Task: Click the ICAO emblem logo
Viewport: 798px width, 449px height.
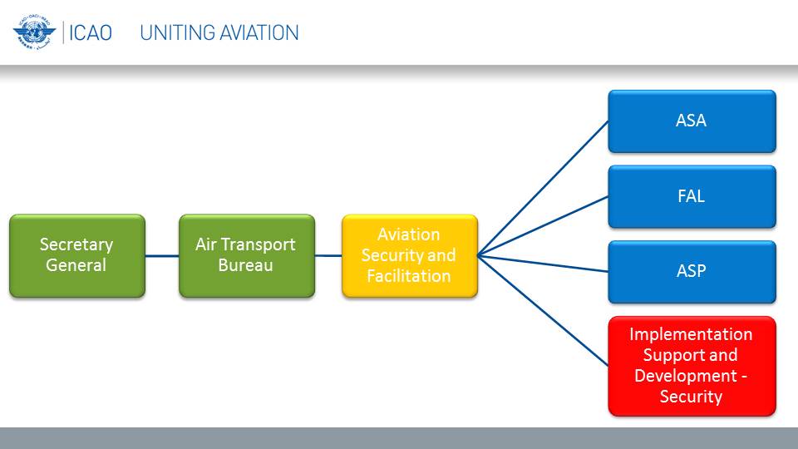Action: pos(34,32)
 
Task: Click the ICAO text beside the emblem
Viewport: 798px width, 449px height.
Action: pos(90,33)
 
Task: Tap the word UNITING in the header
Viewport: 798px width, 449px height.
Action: pos(173,33)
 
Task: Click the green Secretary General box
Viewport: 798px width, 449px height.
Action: pos(77,255)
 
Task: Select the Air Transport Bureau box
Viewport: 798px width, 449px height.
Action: pos(247,255)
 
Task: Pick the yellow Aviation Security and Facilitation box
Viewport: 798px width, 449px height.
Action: pos(410,255)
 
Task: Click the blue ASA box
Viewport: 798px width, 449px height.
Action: pos(692,121)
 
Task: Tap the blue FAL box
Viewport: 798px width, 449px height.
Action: pos(692,196)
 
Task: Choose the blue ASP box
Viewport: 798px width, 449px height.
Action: pos(692,272)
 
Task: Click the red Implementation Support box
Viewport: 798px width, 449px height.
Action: pos(692,366)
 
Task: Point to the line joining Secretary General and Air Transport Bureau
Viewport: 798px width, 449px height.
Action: pos(162,255)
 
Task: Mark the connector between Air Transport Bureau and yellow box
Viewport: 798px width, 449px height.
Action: pos(329,255)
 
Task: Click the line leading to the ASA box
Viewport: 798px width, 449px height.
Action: pos(543,189)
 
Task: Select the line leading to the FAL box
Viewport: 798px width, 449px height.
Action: pos(543,226)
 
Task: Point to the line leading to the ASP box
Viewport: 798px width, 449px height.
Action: pos(543,264)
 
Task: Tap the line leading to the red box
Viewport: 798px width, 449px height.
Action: pos(543,310)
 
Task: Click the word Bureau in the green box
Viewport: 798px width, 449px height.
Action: pos(245,265)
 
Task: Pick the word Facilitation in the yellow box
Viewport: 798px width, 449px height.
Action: pos(409,276)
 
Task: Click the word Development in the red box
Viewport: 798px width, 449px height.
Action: pos(686,376)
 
